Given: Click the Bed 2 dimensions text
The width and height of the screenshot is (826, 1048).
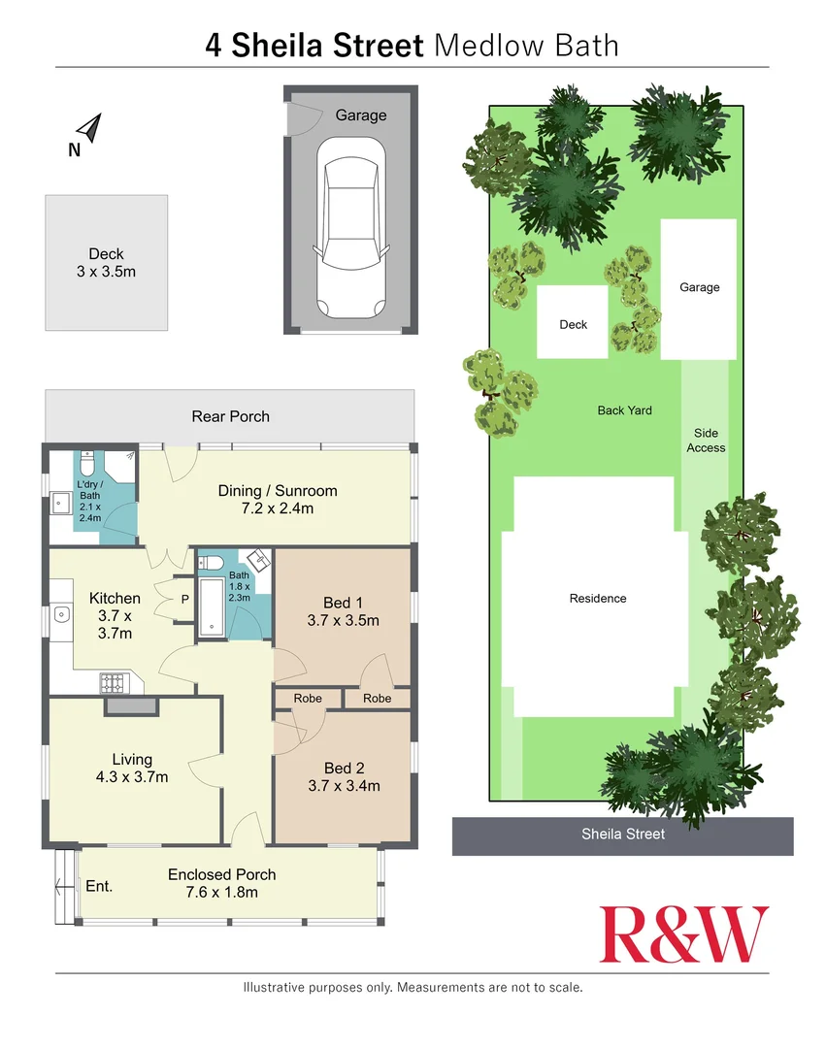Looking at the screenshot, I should tap(344, 785).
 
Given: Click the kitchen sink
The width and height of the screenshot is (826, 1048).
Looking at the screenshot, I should tap(61, 613).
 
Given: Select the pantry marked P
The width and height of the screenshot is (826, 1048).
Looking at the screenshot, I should tap(184, 599).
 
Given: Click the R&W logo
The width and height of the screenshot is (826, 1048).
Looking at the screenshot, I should tap(684, 934).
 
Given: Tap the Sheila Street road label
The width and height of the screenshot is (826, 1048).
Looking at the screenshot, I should tap(623, 834).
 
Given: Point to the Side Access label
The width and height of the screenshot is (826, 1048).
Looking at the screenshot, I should tap(706, 441).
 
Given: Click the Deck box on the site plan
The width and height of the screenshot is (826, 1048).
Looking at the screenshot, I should tap(573, 323).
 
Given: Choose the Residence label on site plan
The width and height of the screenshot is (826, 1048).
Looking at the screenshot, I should tap(598, 599).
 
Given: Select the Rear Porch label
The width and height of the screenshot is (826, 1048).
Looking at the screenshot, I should tap(230, 416).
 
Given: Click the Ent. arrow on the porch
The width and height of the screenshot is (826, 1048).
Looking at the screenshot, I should tap(66, 885).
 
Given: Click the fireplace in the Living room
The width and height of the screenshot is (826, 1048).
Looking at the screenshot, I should tap(130, 706).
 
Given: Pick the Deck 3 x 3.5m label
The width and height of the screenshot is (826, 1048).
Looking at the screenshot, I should tap(106, 263).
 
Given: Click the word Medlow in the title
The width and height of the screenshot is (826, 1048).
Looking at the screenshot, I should tap(479, 45).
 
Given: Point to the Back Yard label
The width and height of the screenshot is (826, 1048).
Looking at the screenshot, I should tap(624, 410).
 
